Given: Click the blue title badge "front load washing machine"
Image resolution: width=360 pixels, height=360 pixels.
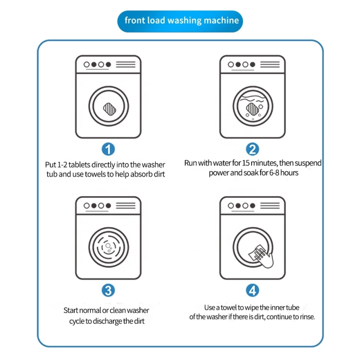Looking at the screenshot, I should click(180, 21).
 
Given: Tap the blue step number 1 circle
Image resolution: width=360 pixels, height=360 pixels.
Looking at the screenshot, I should click(108, 149).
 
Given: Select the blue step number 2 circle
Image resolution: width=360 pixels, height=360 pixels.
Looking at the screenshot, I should click(252, 149).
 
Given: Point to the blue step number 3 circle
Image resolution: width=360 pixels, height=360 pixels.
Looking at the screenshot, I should click(108, 290).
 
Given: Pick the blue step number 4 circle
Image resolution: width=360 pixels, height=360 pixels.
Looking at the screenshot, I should click(252, 290).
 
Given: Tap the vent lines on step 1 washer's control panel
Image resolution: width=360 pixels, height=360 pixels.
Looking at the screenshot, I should click(126, 65).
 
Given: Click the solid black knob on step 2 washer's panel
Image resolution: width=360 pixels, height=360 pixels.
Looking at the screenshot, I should click(238, 64).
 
